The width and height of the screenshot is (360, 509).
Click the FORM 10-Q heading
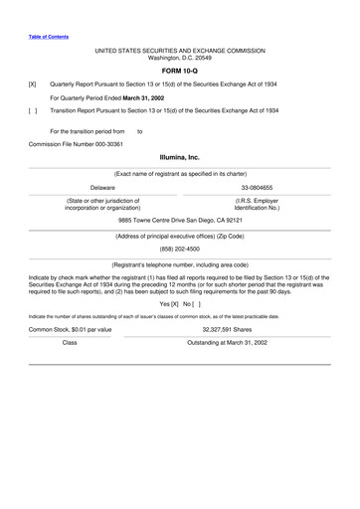[179, 72]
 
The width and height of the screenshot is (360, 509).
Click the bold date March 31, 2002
[148, 98]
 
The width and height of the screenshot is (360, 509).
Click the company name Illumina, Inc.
[179, 157]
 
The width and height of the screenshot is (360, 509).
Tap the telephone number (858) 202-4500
[179, 251]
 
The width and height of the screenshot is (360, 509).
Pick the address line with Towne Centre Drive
[179, 220]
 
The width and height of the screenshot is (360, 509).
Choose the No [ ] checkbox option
[191, 303]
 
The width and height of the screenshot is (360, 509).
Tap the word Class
[70, 342]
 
